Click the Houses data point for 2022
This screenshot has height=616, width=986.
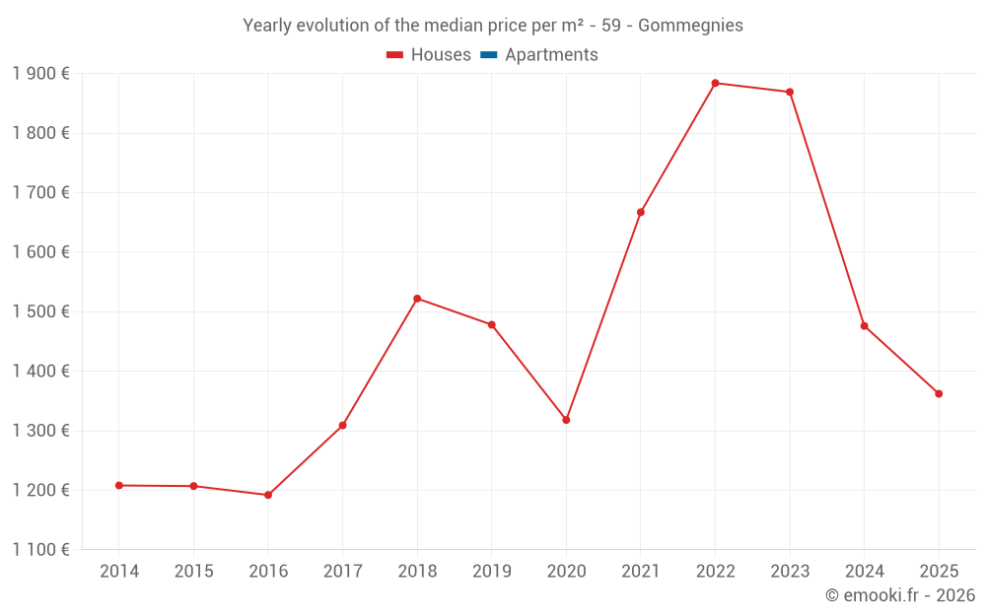click(x=715, y=83)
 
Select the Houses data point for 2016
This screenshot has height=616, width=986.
click(x=268, y=495)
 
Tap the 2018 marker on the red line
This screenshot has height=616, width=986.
click(x=417, y=299)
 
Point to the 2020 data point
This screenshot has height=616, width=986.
click(x=566, y=420)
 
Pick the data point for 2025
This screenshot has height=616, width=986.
click(x=939, y=393)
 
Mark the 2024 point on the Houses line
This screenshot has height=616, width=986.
click(x=865, y=326)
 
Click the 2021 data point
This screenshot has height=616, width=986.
click(x=641, y=212)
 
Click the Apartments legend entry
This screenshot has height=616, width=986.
click(x=551, y=55)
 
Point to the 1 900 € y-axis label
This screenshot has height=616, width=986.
click(x=40, y=74)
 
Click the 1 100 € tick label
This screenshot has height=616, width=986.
click(x=40, y=550)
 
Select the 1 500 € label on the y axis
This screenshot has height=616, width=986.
click(x=40, y=311)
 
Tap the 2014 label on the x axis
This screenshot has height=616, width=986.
click(x=119, y=572)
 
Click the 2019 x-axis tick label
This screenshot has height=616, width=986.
click(x=492, y=572)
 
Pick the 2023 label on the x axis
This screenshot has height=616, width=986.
click(x=790, y=572)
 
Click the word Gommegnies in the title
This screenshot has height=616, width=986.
click(x=690, y=26)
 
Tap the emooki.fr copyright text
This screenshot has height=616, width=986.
click(x=899, y=595)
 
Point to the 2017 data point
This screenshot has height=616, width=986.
click(x=343, y=426)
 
